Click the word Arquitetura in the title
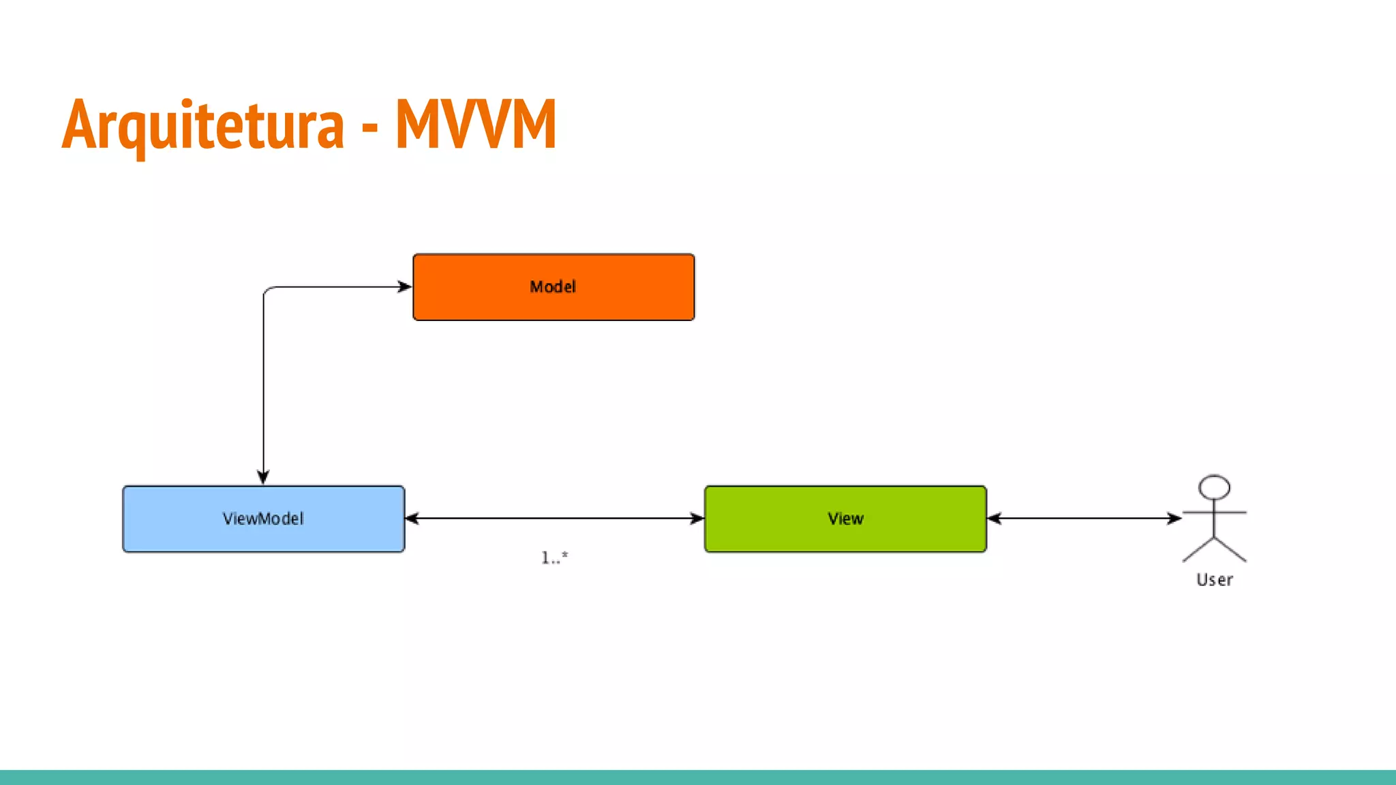203,125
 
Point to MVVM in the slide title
476,124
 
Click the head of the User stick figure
1214,487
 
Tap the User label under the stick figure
1214,580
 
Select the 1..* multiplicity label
554,558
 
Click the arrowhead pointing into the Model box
405,287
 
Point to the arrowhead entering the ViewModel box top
263,476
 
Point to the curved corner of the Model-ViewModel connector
268,291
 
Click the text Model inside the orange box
553,287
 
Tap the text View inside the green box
845,519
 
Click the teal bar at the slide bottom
698,777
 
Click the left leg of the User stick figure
1198,550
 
